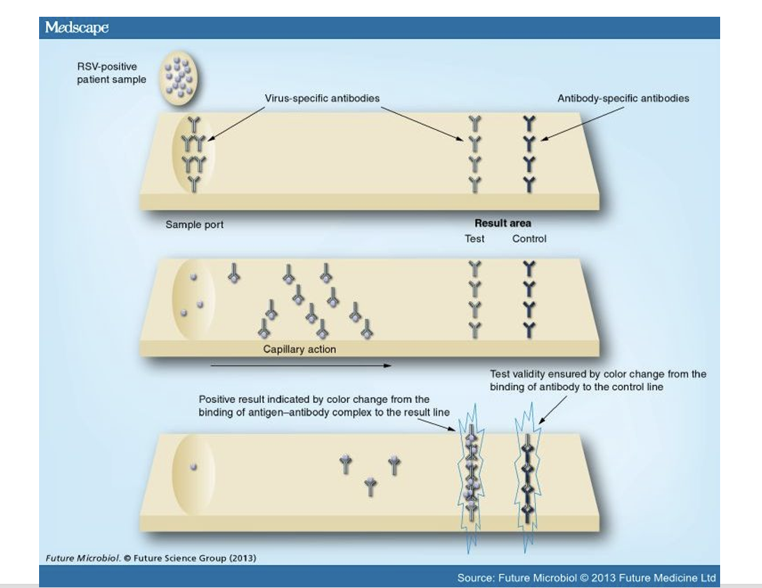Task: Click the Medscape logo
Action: [x=77, y=28]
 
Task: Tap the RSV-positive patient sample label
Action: [x=112, y=73]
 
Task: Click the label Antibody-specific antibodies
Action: [x=622, y=98]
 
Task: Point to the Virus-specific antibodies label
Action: [x=322, y=98]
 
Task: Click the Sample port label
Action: [x=195, y=225]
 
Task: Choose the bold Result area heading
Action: [x=502, y=223]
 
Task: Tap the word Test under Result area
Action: [x=475, y=239]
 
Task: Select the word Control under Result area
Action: [x=529, y=239]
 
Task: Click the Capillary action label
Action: [x=299, y=349]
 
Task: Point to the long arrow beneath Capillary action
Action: [x=300, y=365]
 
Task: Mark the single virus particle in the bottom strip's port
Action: [x=194, y=468]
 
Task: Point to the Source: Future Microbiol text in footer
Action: [x=586, y=578]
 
